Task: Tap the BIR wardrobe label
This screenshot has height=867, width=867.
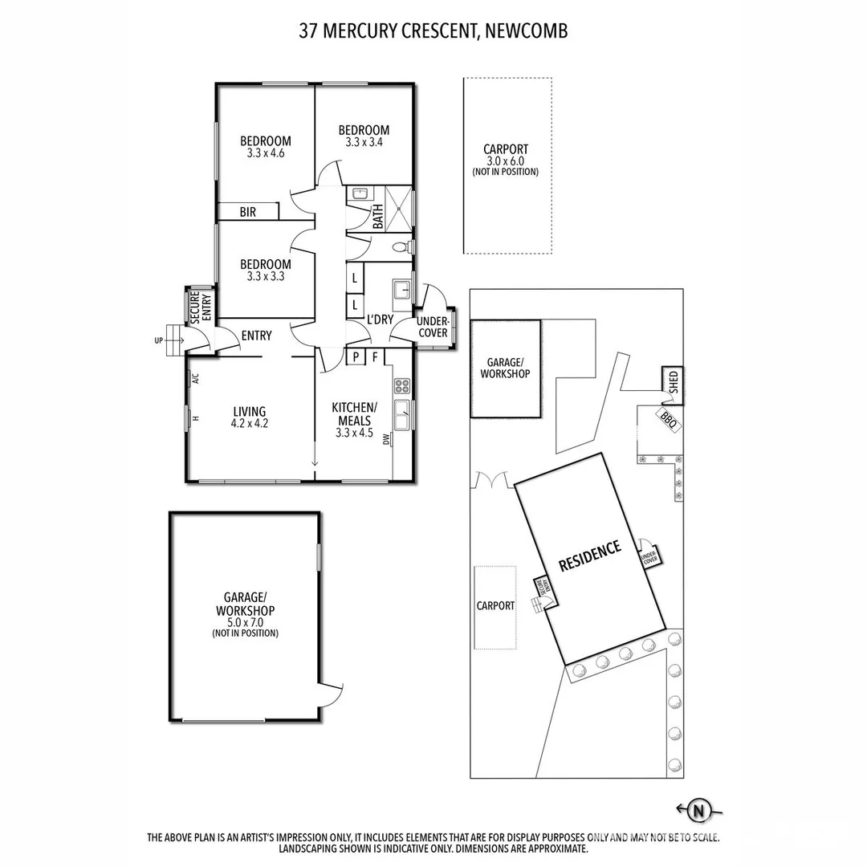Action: [x=247, y=212]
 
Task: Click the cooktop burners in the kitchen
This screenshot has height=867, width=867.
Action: [x=401, y=386]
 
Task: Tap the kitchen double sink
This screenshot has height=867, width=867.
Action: [x=401, y=417]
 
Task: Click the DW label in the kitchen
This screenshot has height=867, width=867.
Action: [x=387, y=439]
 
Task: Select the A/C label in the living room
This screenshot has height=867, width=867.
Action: [x=196, y=379]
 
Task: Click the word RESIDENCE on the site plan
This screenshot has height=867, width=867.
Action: [x=590, y=556]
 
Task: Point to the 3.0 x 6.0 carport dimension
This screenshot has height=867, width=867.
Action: [x=506, y=161]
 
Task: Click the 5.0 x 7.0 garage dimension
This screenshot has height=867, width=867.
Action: [x=245, y=621]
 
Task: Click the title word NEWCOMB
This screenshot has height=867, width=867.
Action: [x=531, y=31]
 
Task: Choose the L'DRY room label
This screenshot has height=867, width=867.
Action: [x=380, y=320]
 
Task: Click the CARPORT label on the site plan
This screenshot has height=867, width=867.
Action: [x=495, y=605]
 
